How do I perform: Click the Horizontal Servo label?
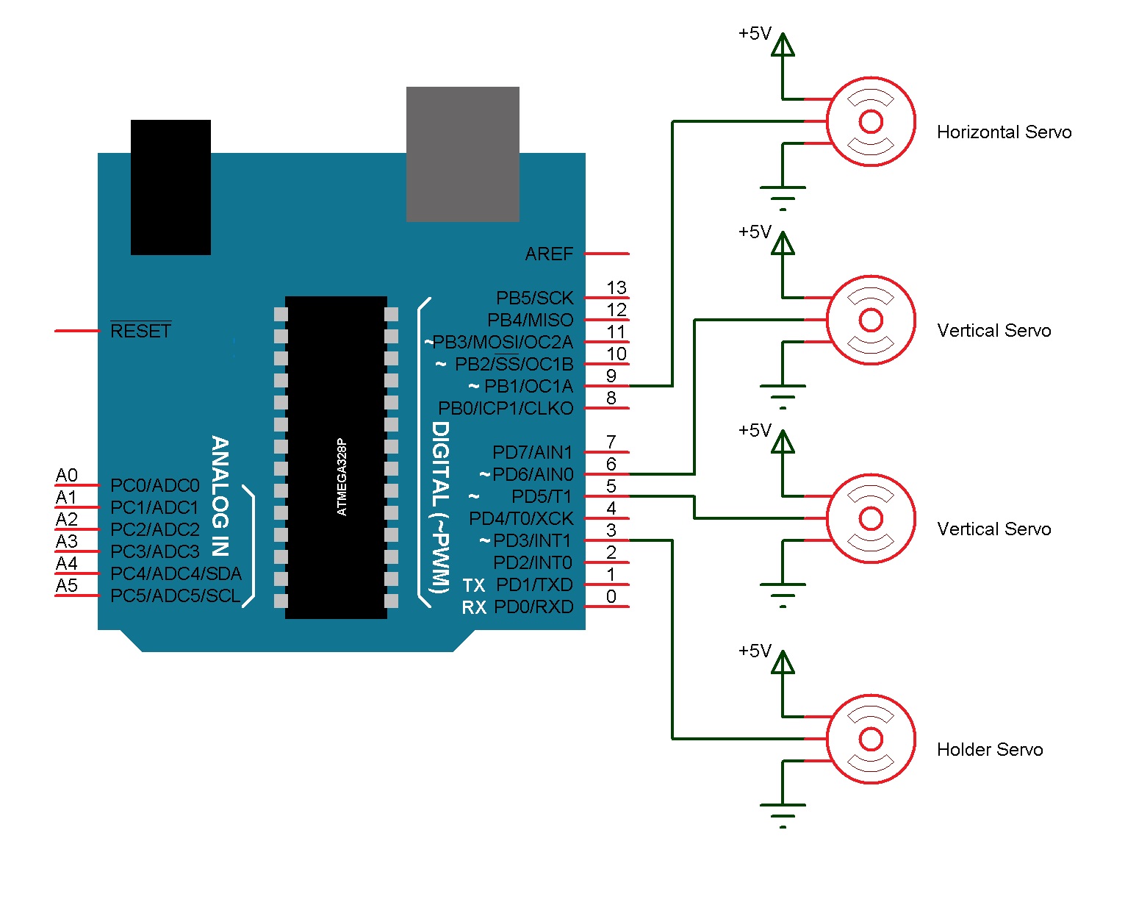(1004, 132)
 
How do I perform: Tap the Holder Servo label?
(989, 750)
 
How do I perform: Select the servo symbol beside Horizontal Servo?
(871, 121)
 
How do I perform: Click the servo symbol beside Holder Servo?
(871, 739)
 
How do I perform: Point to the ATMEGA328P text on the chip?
(341, 477)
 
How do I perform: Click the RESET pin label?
(140, 332)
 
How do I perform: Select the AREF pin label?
(549, 254)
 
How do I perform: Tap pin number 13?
(616, 287)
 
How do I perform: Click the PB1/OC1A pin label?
(528, 387)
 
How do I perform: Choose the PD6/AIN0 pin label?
(533, 475)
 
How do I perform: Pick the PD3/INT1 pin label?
(532, 541)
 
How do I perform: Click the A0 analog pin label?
(66, 476)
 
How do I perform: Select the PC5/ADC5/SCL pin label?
(175, 596)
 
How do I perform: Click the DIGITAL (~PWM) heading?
(439, 507)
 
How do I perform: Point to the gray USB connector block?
(462, 154)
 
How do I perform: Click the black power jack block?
(170, 187)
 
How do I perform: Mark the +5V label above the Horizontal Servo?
(755, 34)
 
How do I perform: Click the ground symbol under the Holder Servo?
(783, 813)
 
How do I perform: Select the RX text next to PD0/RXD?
(474, 608)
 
